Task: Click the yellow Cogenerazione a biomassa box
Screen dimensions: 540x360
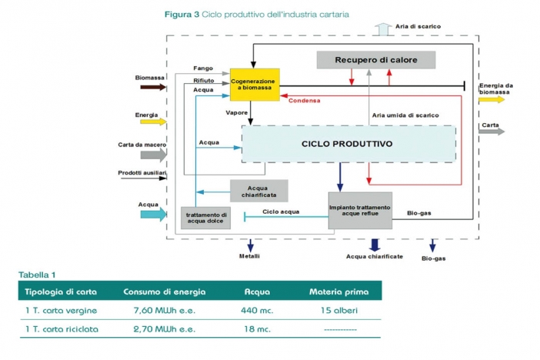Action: click(x=255, y=85)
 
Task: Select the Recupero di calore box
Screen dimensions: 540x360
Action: click(x=376, y=60)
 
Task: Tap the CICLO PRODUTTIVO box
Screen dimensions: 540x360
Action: click(x=348, y=144)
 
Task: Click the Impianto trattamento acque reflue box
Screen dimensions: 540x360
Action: click(x=360, y=211)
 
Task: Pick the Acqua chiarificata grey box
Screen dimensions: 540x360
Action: click(x=259, y=191)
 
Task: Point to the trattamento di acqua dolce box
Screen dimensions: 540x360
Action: click(x=206, y=218)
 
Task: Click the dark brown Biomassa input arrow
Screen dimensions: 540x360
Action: click(x=153, y=87)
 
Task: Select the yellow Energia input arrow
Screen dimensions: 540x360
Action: click(x=153, y=122)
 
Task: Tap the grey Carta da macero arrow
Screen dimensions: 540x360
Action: click(x=154, y=155)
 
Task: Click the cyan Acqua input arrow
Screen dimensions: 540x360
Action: click(x=154, y=215)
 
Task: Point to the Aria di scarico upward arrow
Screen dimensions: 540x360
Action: click(x=383, y=29)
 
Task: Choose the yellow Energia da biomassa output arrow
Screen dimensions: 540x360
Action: click(x=492, y=100)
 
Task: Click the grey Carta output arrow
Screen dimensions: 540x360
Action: click(x=492, y=132)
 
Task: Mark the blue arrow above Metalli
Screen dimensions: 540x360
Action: click(x=250, y=245)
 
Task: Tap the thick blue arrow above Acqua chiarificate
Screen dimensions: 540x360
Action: click(x=375, y=245)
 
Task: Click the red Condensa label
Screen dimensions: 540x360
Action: click(x=305, y=101)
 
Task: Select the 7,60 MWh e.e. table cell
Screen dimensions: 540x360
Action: click(x=165, y=311)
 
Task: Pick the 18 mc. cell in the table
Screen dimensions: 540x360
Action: click(x=257, y=329)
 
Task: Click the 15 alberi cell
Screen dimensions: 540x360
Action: click(x=339, y=311)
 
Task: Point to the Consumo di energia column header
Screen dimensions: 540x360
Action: click(x=165, y=292)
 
